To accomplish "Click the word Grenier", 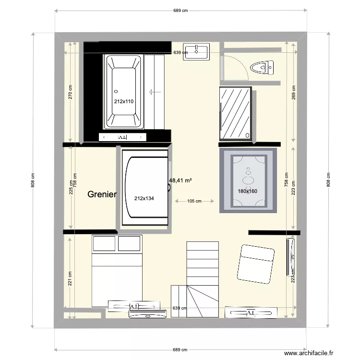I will click(x=102, y=194).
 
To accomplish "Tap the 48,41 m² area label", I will click(x=180, y=181).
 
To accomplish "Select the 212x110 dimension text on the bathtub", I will click(x=123, y=101).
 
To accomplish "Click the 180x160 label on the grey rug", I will click(x=248, y=191).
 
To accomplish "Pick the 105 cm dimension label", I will click(x=194, y=201).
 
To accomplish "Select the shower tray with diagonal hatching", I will click(x=235, y=114).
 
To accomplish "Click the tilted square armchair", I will click(x=255, y=264).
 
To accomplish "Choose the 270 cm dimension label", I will click(x=70, y=93).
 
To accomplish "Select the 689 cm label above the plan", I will click(x=180, y=10).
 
